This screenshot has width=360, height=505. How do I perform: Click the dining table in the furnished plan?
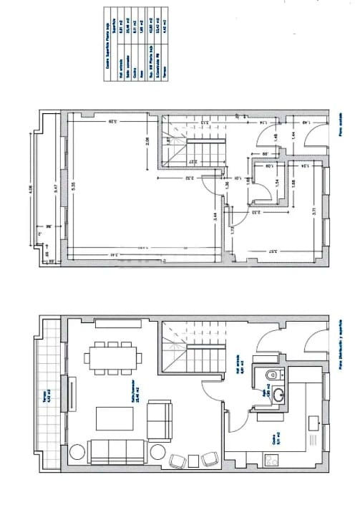coord(112,357)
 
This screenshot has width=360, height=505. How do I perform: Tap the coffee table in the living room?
coord(112,418)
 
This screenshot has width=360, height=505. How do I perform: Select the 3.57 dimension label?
coord(273,252)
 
